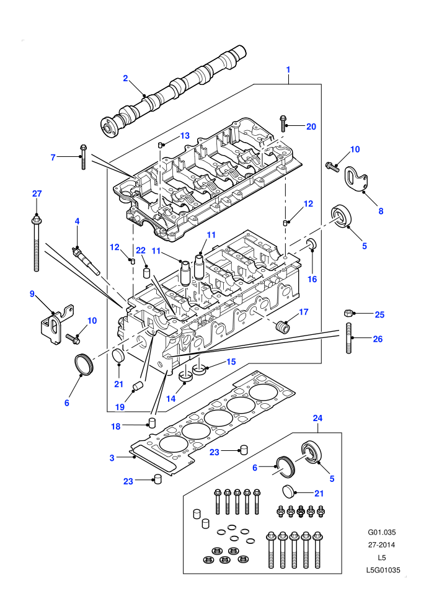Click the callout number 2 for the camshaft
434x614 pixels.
(x=126, y=78)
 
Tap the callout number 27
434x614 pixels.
(x=37, y=194)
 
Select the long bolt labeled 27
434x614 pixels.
(x=36, y=242)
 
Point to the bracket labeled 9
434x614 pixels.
(x=56, y=323)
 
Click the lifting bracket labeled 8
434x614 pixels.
(x=356, y=179)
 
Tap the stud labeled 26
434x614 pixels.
(x=348, y=338)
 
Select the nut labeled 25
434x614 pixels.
(x=348, y=313)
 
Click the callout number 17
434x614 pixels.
(x=304, y=312)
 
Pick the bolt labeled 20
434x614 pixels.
(x=283, y=123)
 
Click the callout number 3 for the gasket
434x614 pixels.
(x=112, y=458)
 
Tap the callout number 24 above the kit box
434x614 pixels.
(x=317, y=418)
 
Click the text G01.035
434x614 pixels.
(x=381, y=532)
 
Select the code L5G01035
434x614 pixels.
(x=383, y=570)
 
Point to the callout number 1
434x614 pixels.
(x=288, y=69)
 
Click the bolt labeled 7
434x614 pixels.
(x=83, y=157)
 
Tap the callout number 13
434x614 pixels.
(x=185, y=135)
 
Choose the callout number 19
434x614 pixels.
(x=120, y=407)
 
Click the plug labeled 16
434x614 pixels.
(x=312, y=244)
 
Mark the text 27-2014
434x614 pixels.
(x=381, y=545)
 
